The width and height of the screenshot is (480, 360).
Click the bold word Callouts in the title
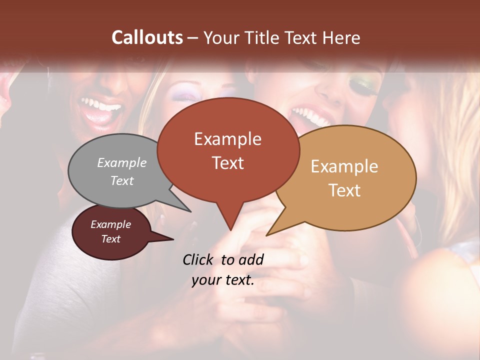coord(147,37)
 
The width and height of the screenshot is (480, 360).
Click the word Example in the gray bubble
coord(122,162)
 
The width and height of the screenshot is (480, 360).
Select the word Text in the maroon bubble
coord(111,239)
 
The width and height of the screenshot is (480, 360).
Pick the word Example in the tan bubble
coord(344,166)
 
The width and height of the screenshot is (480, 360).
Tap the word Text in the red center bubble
coord(228,163)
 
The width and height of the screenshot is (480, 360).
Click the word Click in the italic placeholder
coord(198,259)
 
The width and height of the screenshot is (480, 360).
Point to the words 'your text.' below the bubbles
coord(223,280)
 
